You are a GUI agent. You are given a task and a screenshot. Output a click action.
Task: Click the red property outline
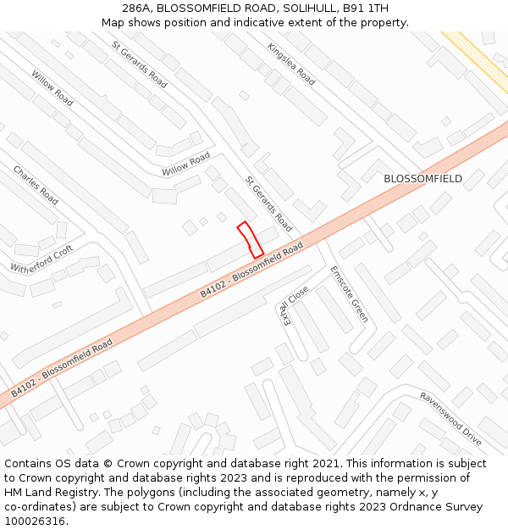coord(249,240)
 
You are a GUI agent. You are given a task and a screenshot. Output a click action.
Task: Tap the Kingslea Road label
coord(291,64)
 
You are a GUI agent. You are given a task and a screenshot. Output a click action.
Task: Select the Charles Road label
coord(36,185)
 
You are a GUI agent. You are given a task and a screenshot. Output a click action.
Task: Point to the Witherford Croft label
coord(41,259)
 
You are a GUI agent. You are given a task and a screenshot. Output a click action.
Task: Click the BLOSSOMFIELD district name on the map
coord(422,179)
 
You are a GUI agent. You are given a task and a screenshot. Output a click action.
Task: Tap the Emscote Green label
coord(350,294)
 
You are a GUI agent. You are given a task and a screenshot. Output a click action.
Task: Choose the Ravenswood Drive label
coord(450,419)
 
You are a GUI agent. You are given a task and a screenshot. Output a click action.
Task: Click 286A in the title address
coord(139,8)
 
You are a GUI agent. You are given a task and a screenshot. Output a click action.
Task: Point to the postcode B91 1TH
coord(366,8)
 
